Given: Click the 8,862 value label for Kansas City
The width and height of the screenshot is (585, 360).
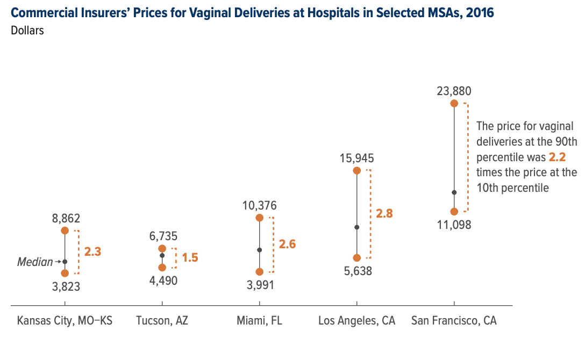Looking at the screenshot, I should coord(66,219).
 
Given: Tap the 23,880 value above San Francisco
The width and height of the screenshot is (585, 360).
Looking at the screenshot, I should coord(454,91).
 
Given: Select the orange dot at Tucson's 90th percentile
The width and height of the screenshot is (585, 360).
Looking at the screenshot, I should coord(162,248).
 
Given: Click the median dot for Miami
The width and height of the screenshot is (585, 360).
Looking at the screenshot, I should coord(259,250).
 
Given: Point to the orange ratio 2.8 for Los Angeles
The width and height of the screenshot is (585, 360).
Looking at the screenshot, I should coord(384,213).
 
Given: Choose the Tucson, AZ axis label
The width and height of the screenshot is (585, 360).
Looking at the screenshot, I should coord(162,321).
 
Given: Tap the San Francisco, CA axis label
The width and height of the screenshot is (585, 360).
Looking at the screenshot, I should coord(454,321).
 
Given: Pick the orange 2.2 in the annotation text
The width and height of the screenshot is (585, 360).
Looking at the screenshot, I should coord(557,157).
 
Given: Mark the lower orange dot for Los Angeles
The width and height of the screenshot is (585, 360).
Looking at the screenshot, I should coord(356,258).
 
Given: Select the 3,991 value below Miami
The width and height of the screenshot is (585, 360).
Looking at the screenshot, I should coord(259,285).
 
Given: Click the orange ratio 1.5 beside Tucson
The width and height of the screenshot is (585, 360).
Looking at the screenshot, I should coord(190,258).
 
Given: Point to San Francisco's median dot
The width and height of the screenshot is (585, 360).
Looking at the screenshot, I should coord(454,192).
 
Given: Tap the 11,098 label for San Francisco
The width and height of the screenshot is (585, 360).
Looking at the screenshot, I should coord(454,225).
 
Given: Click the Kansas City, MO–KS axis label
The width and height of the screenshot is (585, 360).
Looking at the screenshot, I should coord(65,321).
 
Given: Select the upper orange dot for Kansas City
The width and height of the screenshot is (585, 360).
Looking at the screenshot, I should coord(65,231).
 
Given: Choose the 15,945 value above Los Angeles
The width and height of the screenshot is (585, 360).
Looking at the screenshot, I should coord(356,159).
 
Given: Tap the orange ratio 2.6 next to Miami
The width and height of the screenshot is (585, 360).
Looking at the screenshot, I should coord(287,244).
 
